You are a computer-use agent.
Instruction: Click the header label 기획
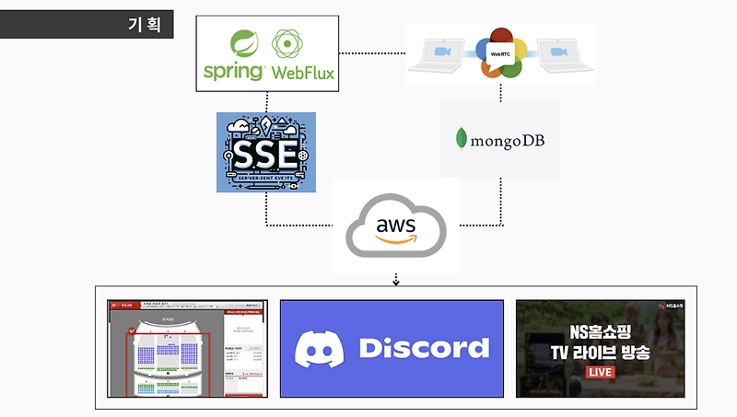143,24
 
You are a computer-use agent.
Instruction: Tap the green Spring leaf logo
244,44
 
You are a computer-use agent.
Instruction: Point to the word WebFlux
300,71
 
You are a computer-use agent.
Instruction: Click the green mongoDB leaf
460,139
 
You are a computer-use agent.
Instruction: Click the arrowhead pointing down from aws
395,282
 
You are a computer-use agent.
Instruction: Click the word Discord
423,347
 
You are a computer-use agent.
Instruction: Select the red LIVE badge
601,373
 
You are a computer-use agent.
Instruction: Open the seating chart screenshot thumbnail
187,348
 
